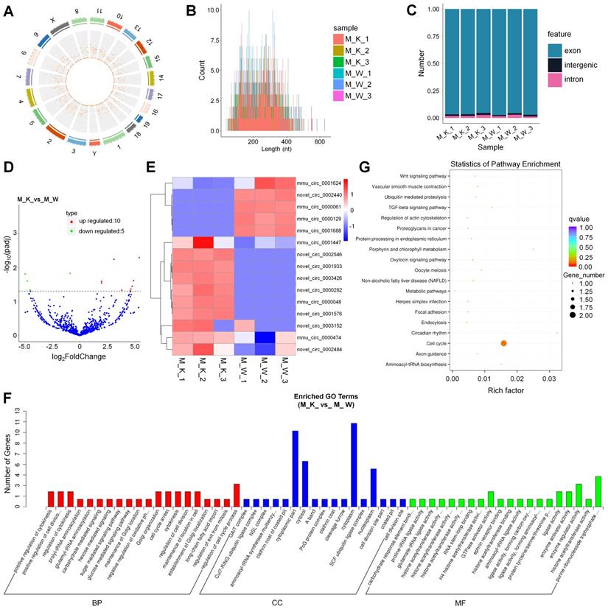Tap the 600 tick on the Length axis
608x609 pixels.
click(321, 141)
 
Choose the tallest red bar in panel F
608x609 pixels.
click(237, 495)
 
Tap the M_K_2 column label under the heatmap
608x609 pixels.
click(198, 365)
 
